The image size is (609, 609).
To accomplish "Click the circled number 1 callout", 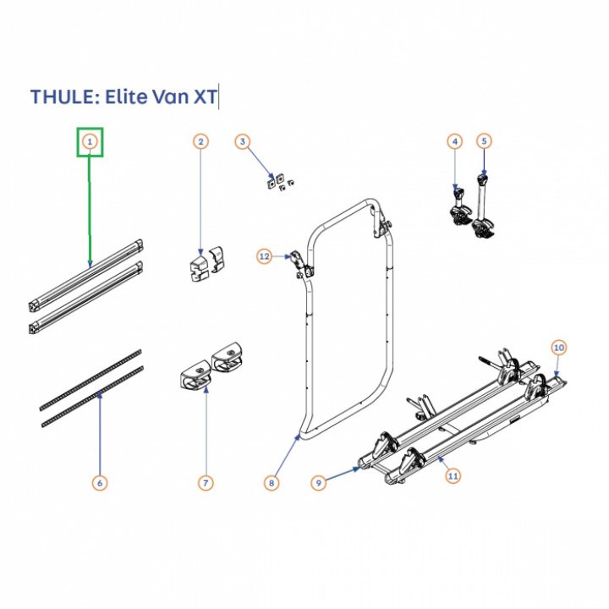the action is click(90, 142).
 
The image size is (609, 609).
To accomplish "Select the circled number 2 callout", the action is click(200, 141).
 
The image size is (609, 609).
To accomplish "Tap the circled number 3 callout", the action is click(243, 141).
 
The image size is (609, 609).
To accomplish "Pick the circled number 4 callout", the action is click(455, 141).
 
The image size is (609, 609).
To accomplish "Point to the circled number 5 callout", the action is click(484, 141).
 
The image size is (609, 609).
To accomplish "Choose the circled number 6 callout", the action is click(100, 483).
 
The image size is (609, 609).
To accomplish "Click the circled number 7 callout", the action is click(206, 483).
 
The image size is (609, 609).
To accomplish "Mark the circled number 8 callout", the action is click(272, 483).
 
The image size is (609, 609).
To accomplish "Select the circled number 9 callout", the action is click(319, 483).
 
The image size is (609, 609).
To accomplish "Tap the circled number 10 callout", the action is click(558, 348).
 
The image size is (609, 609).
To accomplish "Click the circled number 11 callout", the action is click(453, 475).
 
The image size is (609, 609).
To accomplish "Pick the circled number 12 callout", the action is click(264, 256).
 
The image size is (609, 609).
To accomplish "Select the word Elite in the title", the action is click(125, 96).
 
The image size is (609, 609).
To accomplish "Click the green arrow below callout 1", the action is click(91, 210).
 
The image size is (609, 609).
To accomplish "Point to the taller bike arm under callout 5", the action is click(484, 207).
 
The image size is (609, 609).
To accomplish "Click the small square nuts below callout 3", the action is click(281, 182).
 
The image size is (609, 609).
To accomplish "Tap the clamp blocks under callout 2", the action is click(207, 263).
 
